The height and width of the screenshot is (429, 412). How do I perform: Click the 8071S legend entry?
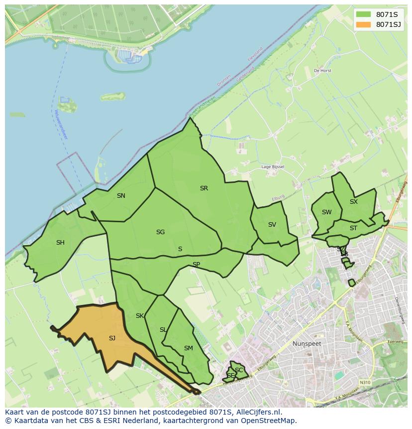[379, 14]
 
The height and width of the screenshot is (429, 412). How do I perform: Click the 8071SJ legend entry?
[379, 24]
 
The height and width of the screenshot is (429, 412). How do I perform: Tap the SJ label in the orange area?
[112, 338]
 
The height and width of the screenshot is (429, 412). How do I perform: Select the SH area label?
[60, 243]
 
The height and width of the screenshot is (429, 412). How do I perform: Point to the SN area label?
[121, 196]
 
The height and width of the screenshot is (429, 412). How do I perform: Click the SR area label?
[204, 188]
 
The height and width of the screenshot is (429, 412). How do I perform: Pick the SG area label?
[160, 232]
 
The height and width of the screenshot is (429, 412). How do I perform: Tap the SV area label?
[272, 225]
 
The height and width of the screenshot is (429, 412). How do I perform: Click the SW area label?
[326, 212]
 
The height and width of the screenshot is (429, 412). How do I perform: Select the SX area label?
[354, 202]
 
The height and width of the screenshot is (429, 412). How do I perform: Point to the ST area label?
[353, 228]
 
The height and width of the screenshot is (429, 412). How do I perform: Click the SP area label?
[196, 265]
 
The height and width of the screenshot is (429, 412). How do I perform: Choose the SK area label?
[140, 316]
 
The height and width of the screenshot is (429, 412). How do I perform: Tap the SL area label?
[163, 330]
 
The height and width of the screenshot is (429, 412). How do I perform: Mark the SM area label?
[188, 348]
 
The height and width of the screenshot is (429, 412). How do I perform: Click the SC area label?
[239, 370]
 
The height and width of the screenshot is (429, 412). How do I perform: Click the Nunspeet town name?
[307, 344]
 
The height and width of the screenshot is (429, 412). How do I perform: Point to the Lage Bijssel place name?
[273, 167]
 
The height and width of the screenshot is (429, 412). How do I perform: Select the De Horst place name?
[322, 71]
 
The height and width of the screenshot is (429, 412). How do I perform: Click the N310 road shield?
[365, 382]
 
